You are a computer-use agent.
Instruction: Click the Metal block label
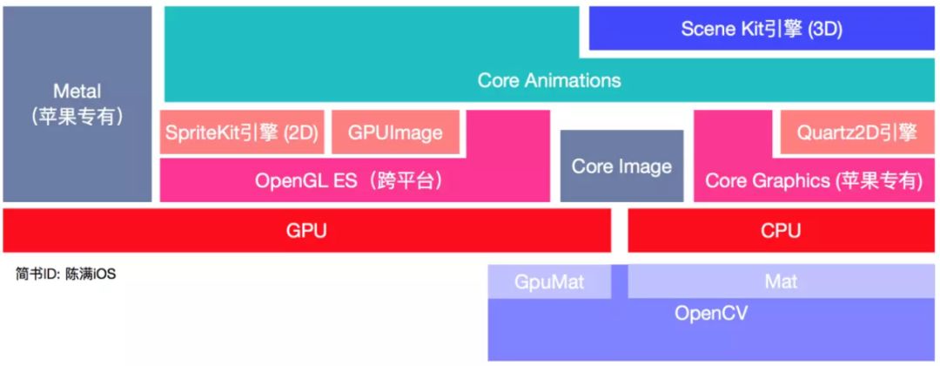point(77,91)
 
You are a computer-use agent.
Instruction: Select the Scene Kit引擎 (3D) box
point(762,29)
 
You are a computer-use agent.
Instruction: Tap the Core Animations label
point(549,80)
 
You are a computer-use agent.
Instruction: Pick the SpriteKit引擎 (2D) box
point(242,133)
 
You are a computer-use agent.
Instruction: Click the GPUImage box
point(395,133)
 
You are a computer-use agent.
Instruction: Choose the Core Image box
point(621,166)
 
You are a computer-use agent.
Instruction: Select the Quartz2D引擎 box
point(856,132)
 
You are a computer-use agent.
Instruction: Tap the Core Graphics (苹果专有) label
point(813,180)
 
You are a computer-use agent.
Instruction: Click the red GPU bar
point(306,231)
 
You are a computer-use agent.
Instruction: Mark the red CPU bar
point(780,231)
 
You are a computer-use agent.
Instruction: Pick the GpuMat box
point(549,282)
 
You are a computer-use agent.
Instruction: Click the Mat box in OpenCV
point(781,282)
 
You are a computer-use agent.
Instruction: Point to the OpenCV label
point(711,313)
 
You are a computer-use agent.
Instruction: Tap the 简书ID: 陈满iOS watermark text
point(65,274)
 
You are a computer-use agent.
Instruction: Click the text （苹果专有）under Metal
point(77,116)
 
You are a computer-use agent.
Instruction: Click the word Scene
point(707,29)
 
